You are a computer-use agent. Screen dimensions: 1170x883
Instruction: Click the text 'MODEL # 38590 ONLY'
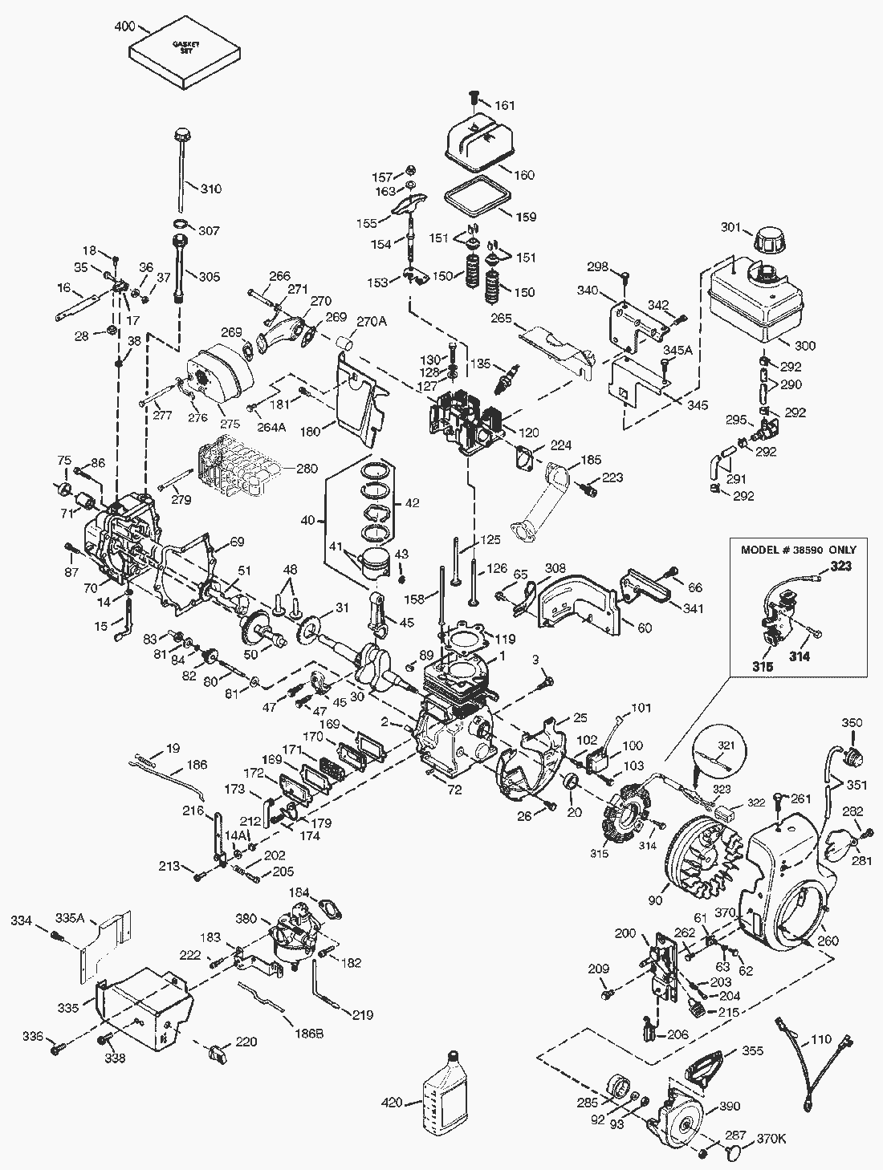pos(799,550)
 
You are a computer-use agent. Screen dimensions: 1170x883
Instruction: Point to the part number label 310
pos(211,189)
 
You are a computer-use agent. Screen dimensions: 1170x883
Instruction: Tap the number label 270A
pos(372,322)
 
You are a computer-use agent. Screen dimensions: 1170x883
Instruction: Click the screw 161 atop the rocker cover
pos(473,99)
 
